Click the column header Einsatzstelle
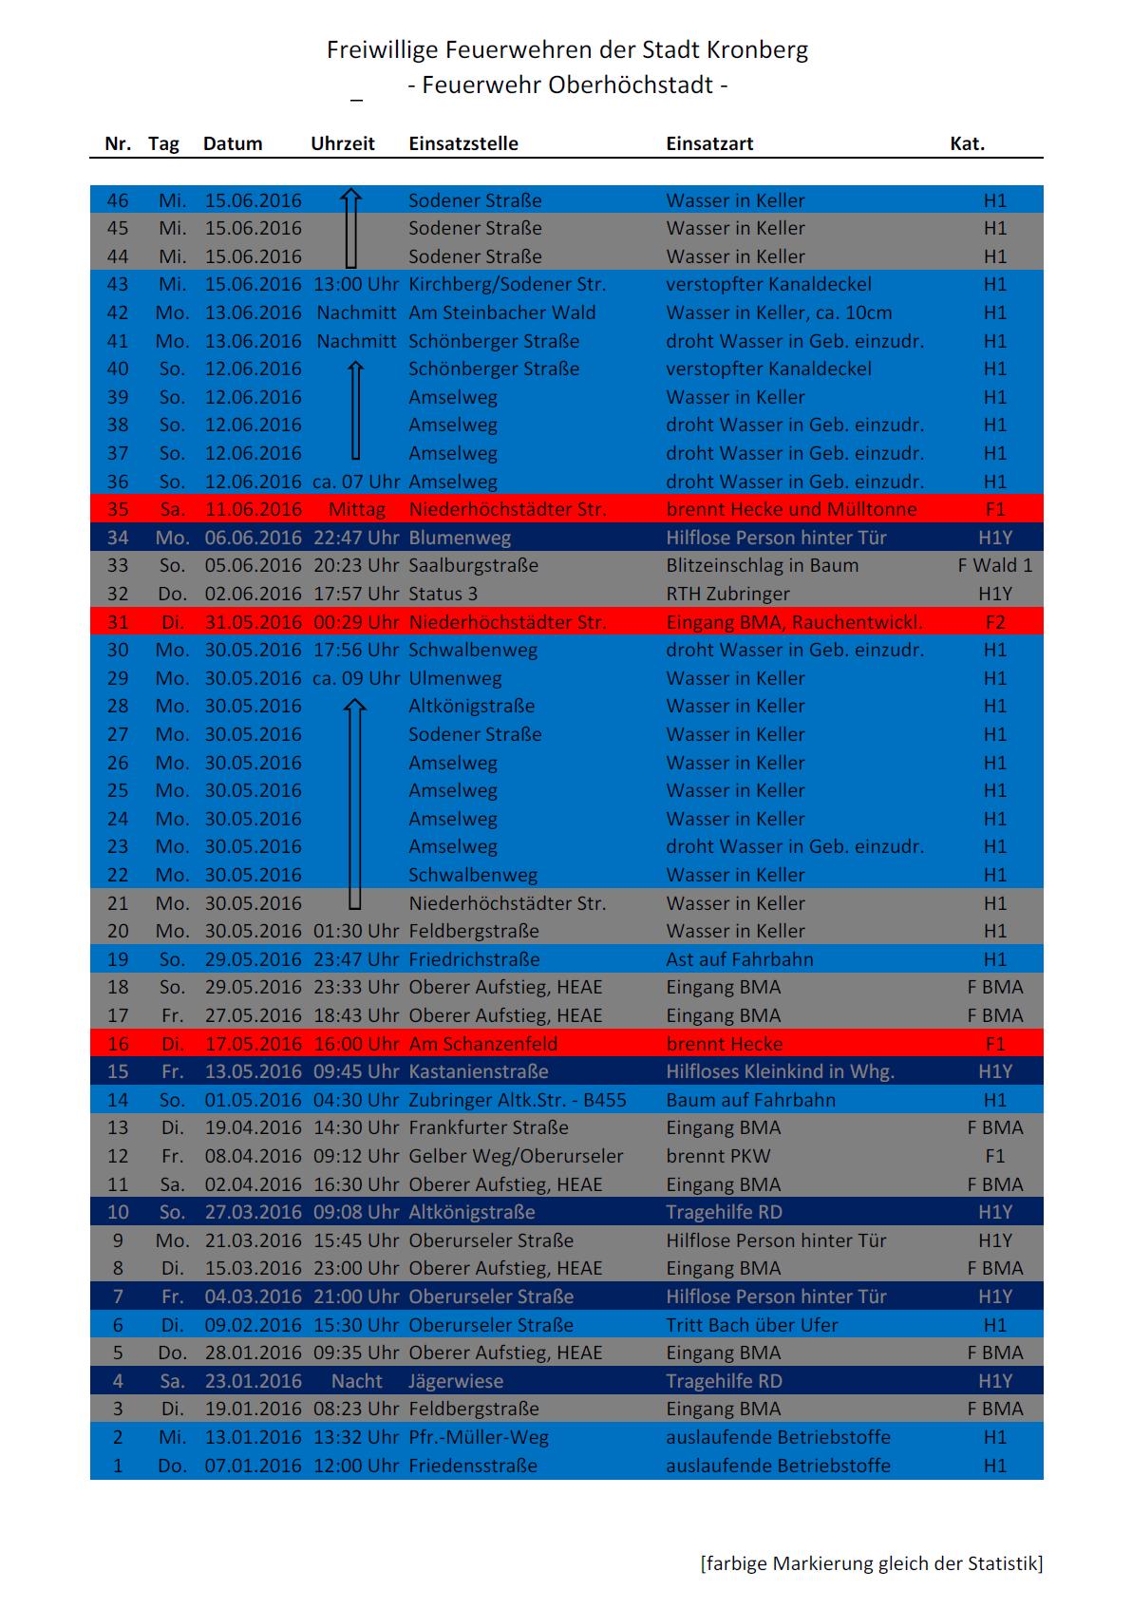pos(463,143)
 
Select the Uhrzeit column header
pos(343,143)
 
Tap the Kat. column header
pos(967,143)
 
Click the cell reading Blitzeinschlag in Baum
pos(762,565)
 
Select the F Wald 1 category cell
pos(994,565)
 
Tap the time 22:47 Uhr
pos(356,538)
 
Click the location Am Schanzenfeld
pos(482,1043)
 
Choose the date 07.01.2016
pos(253,1465)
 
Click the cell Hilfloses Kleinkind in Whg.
pos(780,1071)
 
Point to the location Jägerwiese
pos(456,1380)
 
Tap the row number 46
pos(118,200)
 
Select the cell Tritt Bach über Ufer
pos(752,1324)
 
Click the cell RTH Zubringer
pos(727,594)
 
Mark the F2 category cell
pos(994,622)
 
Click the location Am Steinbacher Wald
pos(501,312)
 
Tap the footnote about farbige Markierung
pos(871,1562)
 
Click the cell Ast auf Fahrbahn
pos(739,958)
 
